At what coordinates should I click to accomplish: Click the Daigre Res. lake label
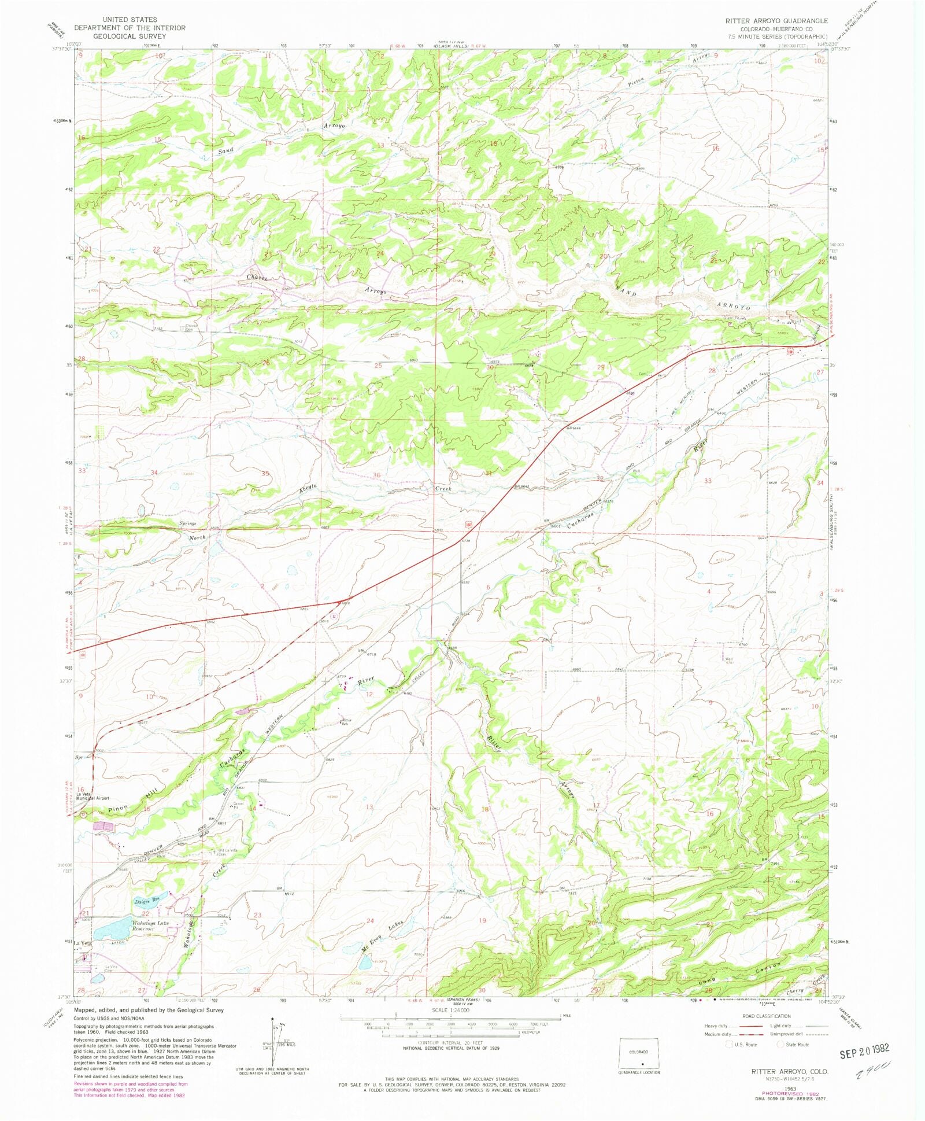click(x=147, y=901)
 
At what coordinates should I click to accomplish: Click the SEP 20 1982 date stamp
click(x=865, y=1049)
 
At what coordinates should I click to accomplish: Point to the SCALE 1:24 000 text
click(x=450, y=1011)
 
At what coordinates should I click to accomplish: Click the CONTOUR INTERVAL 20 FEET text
click(x=450, y=1042)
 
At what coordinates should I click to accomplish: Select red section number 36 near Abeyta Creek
click(x=377, y=475)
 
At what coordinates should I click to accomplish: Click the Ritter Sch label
click(x=345, y=722)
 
